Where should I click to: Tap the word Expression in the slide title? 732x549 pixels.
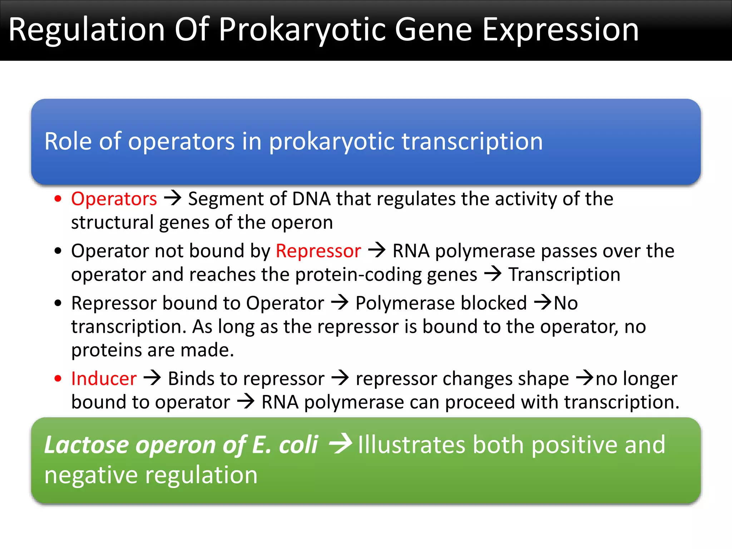pos(560,30)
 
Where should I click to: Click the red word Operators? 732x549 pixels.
pos(114,199)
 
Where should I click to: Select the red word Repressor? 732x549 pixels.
pos(318,251)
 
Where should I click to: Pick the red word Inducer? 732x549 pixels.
pos(104,379)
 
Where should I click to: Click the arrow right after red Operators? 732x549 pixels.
pos(173,198)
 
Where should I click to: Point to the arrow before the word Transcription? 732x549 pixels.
pos(493,274)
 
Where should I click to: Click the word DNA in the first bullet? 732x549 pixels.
pos(311,199)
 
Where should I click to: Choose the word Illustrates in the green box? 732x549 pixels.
pos(411,445)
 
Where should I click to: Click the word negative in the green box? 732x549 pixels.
pos(91,476)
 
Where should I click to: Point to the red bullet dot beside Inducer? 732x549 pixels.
pos(58,379)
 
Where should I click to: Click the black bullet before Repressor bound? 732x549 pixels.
pos(58,303)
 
